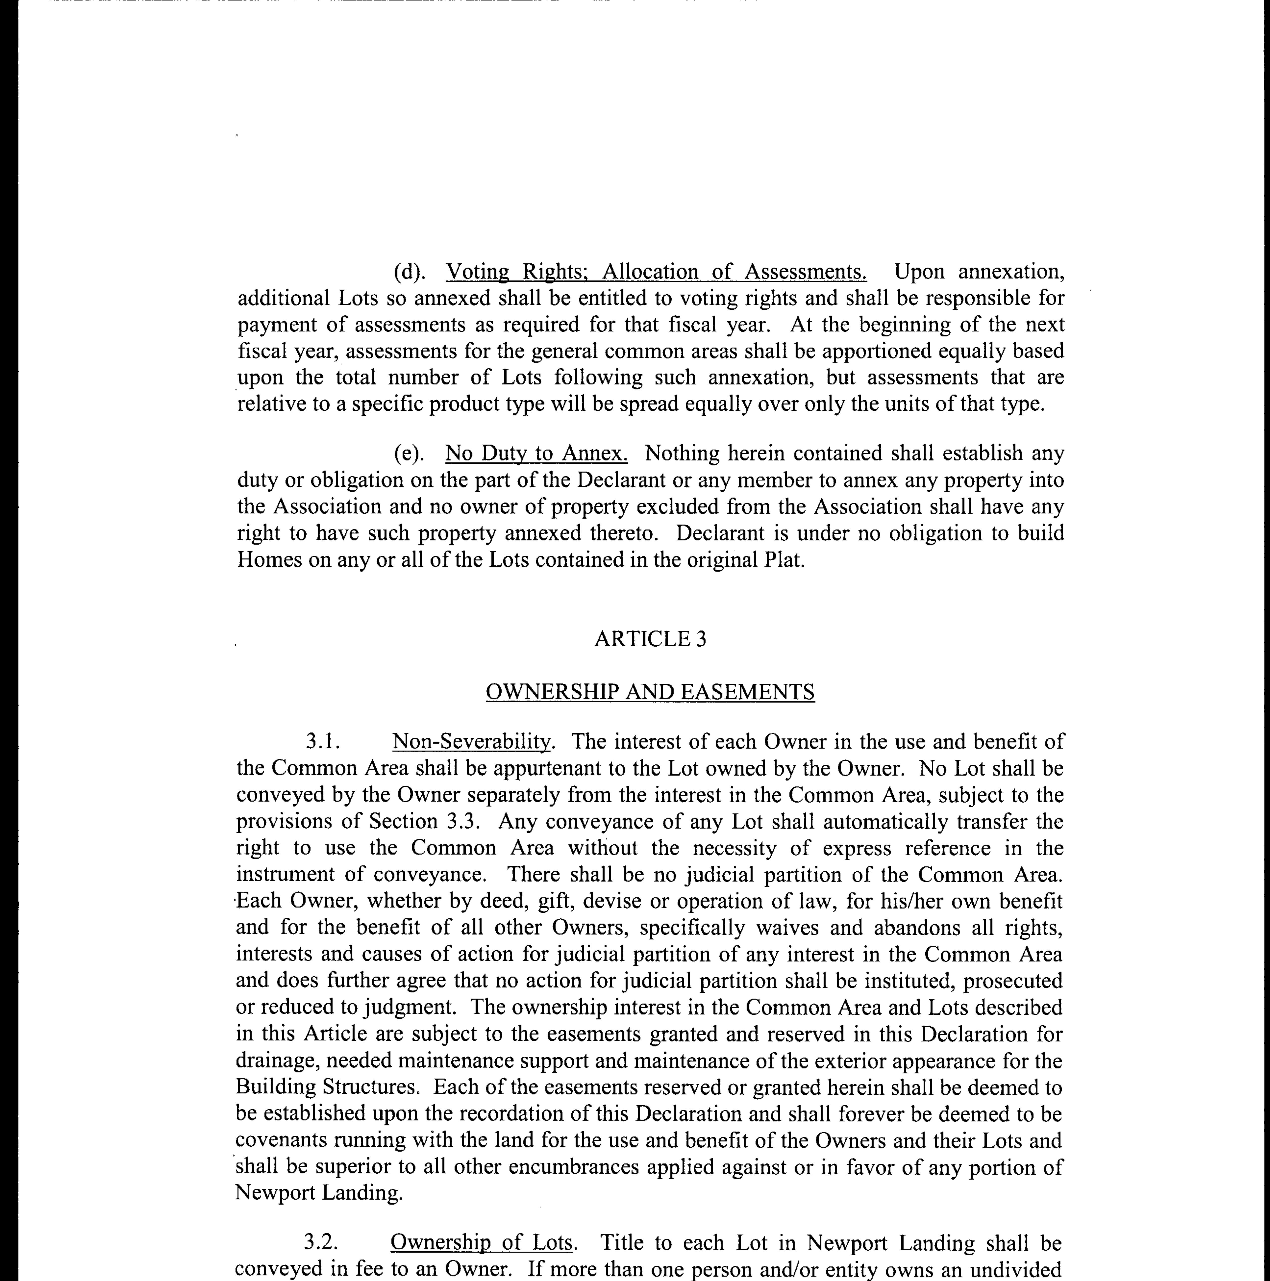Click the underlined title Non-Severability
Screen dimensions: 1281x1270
(x=471, y=742)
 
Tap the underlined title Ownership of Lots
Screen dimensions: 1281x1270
(x=482, y=1243)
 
